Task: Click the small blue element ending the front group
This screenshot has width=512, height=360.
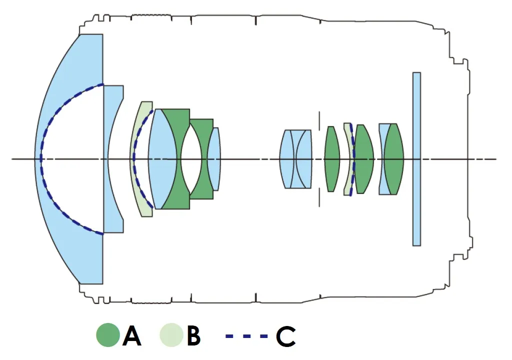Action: coord(214,159)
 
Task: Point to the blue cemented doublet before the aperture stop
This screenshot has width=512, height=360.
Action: coord(297,159)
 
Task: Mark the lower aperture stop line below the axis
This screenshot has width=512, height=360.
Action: coord(319,196)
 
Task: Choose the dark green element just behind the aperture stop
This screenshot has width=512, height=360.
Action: coord(331,159)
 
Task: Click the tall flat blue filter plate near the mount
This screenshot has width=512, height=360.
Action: coord(416,159)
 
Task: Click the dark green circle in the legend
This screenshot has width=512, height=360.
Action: coord(108,335)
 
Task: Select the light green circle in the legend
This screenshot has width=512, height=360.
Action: coord(171,335)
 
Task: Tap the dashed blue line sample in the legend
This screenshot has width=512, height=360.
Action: coord(245,335)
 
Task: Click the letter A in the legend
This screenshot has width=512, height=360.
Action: coord(131,335)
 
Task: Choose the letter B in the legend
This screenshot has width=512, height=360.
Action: coord(193,335)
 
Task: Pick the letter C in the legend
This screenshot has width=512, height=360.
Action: coord(285,335)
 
